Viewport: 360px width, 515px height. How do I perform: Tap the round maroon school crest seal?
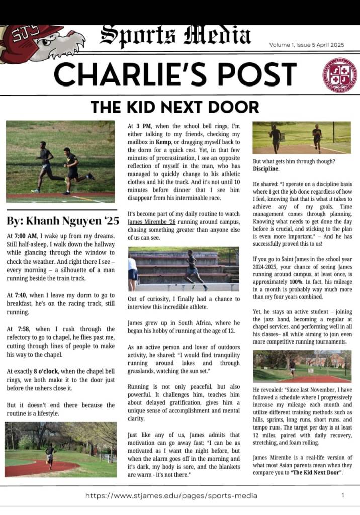coord(340,75)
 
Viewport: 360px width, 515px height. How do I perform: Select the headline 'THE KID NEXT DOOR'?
coord(174,107)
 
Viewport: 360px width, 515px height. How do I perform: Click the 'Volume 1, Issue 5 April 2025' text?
coord(307,45)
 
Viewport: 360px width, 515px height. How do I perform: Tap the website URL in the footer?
coord(171,495)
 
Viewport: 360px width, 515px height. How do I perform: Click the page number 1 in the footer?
coord(342,495)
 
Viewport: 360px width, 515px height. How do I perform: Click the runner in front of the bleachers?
coord(192,269)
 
